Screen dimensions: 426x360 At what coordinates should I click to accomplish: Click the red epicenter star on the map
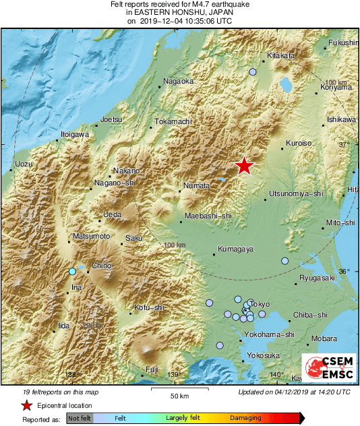(244, 165)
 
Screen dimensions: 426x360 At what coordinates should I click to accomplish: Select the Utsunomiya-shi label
(297, 193)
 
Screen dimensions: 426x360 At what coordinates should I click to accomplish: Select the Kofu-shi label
(150, 308)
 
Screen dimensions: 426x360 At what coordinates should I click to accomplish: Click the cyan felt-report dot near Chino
(73, 272)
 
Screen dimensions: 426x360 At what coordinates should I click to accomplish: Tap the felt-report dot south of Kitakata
(253, 72)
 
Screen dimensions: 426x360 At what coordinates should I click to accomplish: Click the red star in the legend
(27, 405)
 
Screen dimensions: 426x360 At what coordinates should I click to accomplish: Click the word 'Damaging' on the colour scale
(245, 419)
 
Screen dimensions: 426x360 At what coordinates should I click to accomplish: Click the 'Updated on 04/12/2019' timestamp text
(294, 392)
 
